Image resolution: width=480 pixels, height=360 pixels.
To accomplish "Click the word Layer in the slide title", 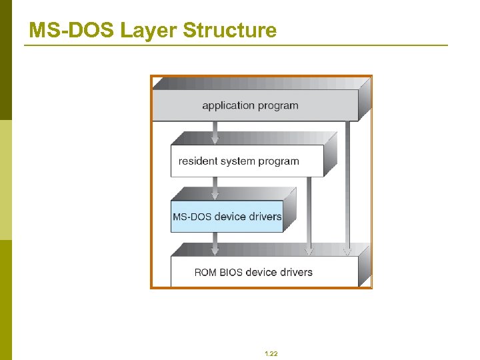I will [151, 30].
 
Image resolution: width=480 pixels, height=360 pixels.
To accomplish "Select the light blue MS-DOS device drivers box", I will [227, 217].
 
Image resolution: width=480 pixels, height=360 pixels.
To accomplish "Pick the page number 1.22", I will [271, 353].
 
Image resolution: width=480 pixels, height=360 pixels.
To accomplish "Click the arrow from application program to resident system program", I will [214, 133].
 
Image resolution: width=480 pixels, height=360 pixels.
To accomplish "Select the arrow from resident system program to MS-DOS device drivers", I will [214, 189].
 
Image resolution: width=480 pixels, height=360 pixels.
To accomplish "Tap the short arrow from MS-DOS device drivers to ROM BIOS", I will [214, 243].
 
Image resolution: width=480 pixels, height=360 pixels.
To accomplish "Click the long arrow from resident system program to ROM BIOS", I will [308, 213].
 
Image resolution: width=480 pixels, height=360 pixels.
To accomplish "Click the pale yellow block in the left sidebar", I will [5, 180].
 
